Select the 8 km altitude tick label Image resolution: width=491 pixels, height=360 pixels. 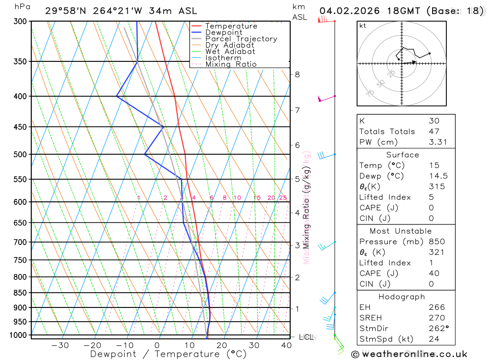click(297, 75)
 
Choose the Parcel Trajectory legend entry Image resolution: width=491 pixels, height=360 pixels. click(241, 39)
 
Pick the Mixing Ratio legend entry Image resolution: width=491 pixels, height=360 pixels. click(231, 64)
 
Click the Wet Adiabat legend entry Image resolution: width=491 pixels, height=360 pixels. click(230, 52)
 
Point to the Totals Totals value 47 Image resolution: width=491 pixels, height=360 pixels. click(434, 131)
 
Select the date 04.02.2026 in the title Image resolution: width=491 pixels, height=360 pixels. click(346, 11)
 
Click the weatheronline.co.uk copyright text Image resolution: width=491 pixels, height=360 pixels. click(409, 354)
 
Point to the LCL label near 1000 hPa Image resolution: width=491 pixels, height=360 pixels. click(306, 337)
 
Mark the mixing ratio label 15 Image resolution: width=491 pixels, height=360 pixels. click(257, 198)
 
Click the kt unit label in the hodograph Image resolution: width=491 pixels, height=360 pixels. click(363, 26)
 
